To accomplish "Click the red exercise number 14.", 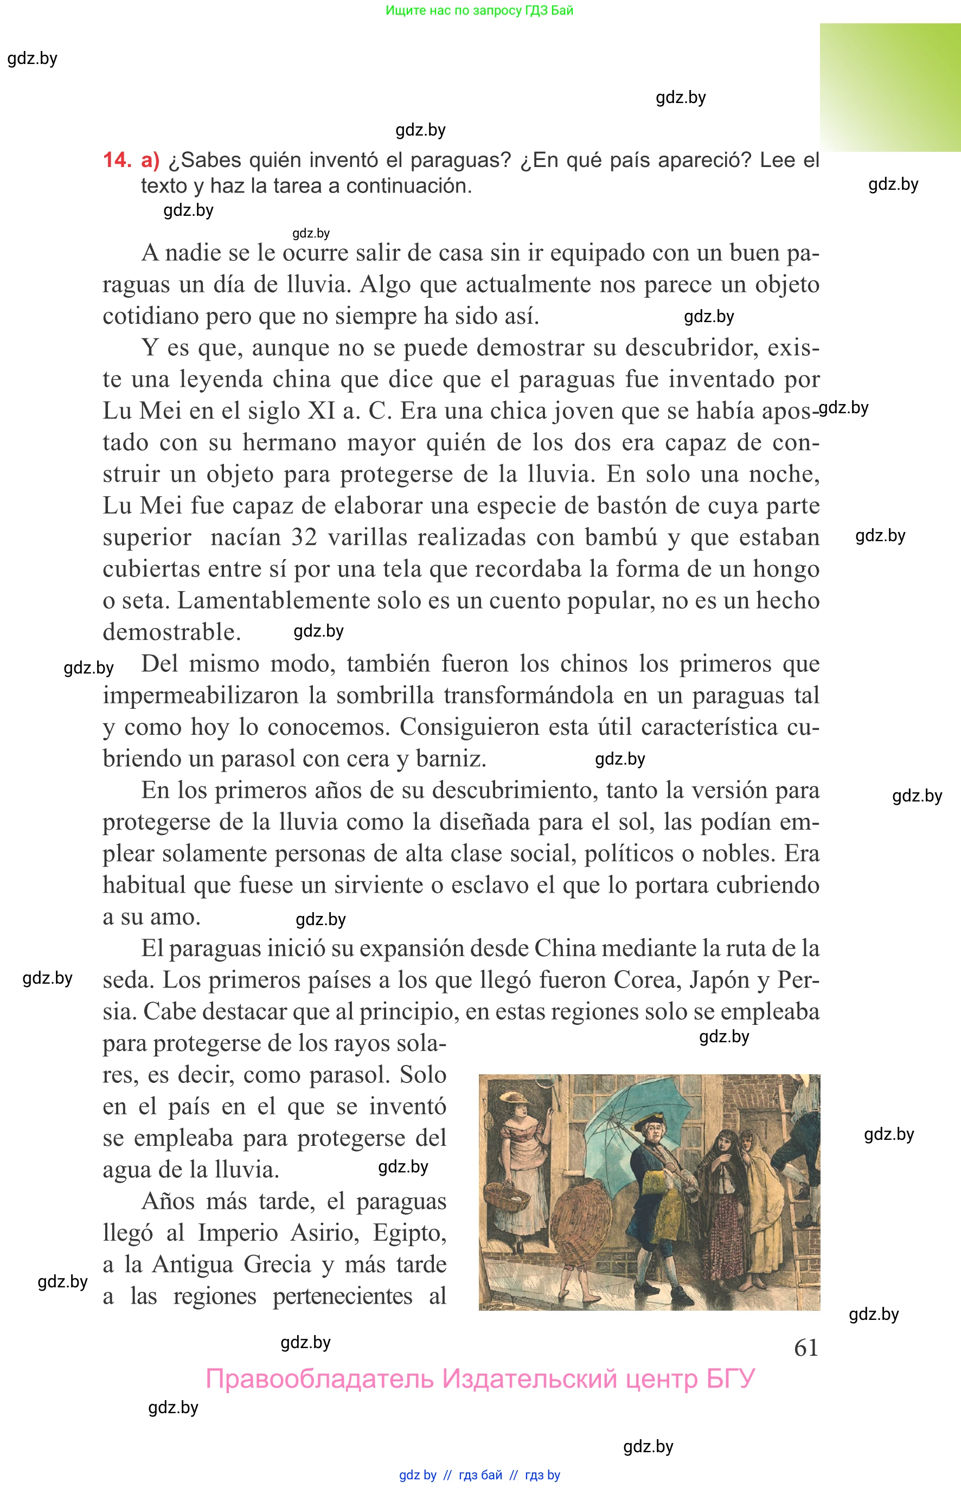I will [x=117, y=161].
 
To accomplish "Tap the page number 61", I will [x=805, y=1348].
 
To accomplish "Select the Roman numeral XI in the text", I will [x=322, y=411].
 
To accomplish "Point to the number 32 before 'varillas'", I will [x=304, y=538].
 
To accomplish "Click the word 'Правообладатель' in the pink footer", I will [x=319, y=1379].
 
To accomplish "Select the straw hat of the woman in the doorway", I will [x=513, y=1098].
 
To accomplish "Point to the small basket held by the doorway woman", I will [x=507, y=1194].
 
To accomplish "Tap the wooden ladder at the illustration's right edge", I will [x=802, y=1185].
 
